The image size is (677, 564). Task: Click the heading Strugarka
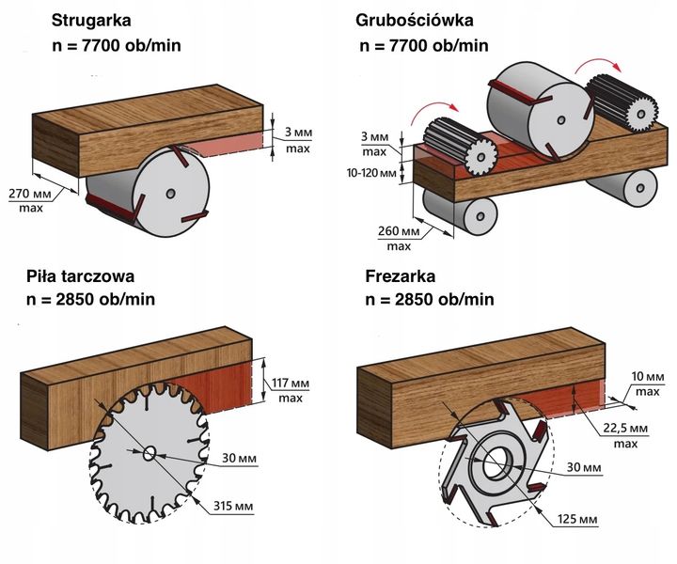click(x=91, y=19)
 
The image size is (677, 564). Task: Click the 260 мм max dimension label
click(x=399, y=238)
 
